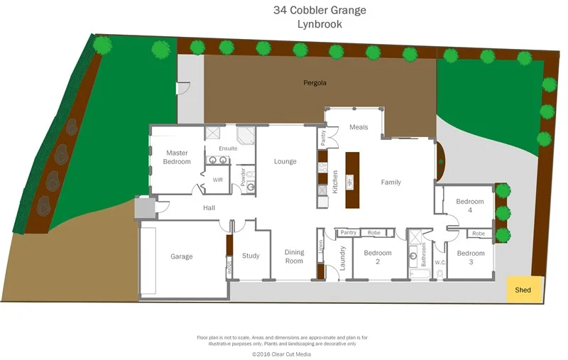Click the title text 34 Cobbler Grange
pyautogui.click(x=319, y=10)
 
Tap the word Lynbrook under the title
pyautogui.click(x=319, y=24)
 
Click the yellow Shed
pyautogui.click(x=523, y=290)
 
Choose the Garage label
pyautogui.click(x=181, y=256)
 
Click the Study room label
pyautogui.click(x=251, y=256)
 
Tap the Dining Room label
pyautogui.click(x=294, y=256)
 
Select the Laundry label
pyautogui.click(x=342, y=258)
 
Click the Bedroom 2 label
pyautogui.click(x=377, y=257)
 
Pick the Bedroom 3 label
pyautogui.click(x=470, y=258)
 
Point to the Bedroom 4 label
pyautogui.click(x=470, y=206)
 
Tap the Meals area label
pyautogui.click(x=359, y=127)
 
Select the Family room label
pyautogui.click(x=390, y=182)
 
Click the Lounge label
pyautogui.click(x=285, y=162)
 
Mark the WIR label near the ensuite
pyautogui.click(x=218, y=180)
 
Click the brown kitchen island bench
pyautogui.click(x=352, y=180)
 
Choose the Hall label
pyautogui.click(x=209, y=208)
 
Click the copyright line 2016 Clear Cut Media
pyautogui.click(x=281, y=353)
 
